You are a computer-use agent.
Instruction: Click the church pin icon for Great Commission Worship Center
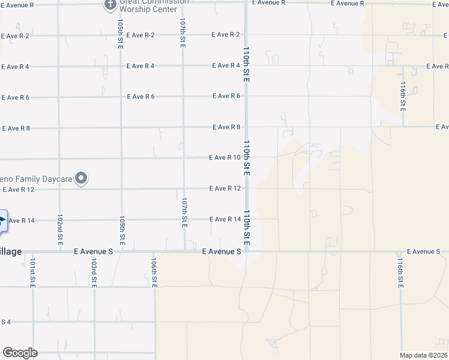click(110, 5)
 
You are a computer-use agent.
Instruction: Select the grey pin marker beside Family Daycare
click(82, 178)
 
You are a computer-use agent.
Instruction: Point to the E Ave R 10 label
click(224, 158)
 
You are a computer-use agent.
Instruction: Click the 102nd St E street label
click(60, 229)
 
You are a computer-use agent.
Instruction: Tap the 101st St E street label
click(34, 272)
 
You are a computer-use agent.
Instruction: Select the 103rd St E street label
click(94, 272)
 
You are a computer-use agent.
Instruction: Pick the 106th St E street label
click(154, 273)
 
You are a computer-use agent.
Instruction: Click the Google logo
click(20, 353)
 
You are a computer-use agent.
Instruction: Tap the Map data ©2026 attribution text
click(424, 355)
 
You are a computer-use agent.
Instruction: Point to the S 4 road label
click(6, 322)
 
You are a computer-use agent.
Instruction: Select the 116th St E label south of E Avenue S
click(400, 273)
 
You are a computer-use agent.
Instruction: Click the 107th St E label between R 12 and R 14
click(185, 212)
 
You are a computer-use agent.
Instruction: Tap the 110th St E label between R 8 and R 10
click(246, 158)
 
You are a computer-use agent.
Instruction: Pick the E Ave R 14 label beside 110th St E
click(226, 220)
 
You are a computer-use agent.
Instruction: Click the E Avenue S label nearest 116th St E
click(423, 251)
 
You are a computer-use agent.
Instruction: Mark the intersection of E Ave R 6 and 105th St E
click(121, 97)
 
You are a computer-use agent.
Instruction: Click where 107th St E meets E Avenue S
click(184, 251)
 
